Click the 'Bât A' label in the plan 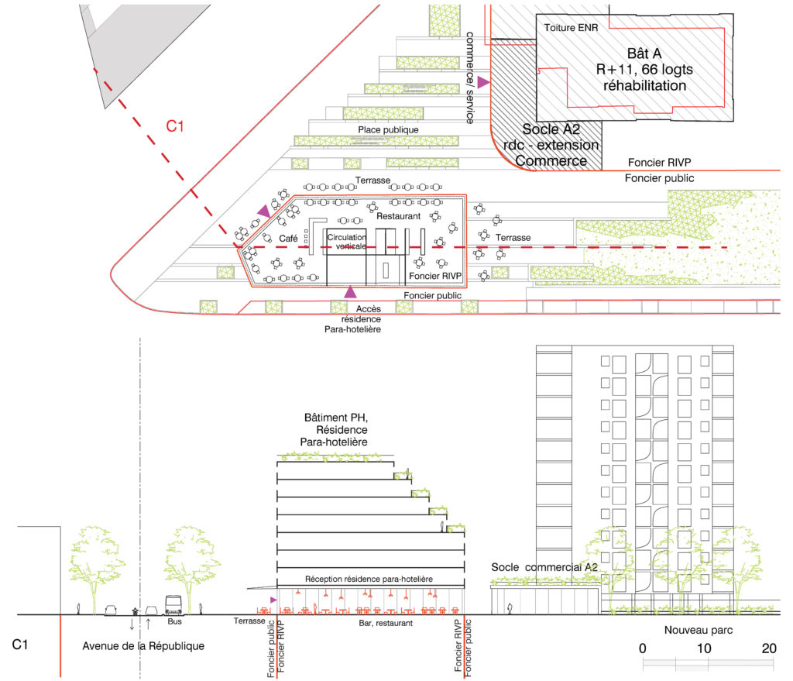coord(644,53)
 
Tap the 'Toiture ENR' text coord(571,28)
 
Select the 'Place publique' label coord(389,129)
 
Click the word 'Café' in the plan coord(288,239)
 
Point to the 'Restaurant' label coord(399,216)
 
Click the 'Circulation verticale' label coord(347,242)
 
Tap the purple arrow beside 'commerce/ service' coord(483,82)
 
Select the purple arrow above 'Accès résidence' coord(351,292)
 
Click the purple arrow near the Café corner coord(264,211)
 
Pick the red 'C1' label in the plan coord(175,126)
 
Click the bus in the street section coord(173,604)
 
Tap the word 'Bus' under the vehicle coord(174,621)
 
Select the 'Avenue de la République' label coord(143,646)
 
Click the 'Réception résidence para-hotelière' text coord(369,579)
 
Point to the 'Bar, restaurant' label coord(386,624)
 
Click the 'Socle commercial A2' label coord(544,567)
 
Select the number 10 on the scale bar coord(704,648)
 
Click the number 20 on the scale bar coord(769,648)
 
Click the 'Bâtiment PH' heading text coord(336,418)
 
